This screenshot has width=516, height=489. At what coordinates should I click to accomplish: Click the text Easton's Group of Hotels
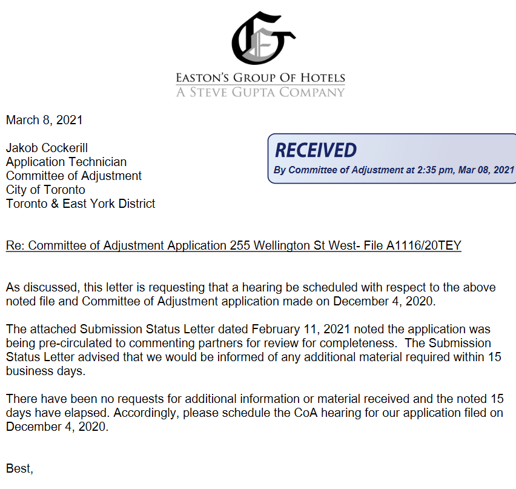(x=260, y=78)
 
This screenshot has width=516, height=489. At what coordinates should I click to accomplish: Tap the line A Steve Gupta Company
(x=260, y=92)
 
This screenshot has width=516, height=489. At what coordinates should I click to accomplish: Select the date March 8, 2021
(x=44, y=120)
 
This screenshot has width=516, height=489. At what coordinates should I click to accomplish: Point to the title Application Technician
(x=67, y=162)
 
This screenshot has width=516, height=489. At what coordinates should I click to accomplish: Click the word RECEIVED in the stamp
(x=316, y=150)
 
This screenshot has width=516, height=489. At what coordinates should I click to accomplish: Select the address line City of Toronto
(x=45, y=190)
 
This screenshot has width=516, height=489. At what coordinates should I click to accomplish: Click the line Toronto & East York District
(x=81, y=204)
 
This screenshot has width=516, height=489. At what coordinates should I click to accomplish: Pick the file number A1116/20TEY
(x=424, y=245)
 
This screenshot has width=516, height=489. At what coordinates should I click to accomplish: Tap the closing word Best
(x=19, y=468)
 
